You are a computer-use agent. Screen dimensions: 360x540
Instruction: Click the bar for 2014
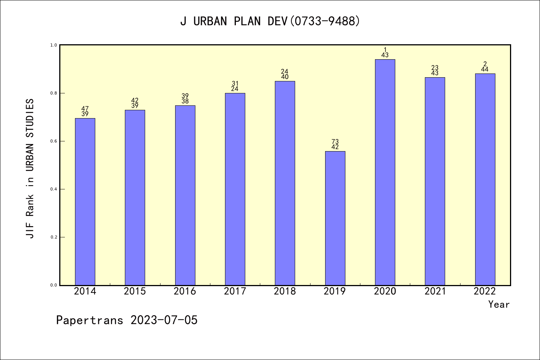coord(85,202)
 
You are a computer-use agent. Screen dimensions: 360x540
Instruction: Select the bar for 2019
coord(335,218)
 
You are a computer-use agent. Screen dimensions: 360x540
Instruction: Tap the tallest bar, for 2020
coord(385,172)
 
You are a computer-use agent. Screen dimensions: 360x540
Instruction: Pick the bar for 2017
coord(235,189)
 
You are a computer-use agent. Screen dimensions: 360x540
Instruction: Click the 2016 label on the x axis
coord(185,291)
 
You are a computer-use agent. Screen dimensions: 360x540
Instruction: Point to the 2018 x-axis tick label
coord(285,291)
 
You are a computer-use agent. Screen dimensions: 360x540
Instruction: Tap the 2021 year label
coord(435,291)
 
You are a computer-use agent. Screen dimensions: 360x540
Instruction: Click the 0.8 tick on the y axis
coord(53,93)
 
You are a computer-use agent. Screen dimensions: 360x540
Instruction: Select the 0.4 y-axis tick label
coord(53,189)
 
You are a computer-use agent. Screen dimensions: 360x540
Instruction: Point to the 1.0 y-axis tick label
coord(53,45)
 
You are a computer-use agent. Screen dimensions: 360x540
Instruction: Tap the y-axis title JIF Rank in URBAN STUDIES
coord(30,168)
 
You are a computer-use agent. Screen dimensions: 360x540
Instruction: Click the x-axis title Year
coord(499,304)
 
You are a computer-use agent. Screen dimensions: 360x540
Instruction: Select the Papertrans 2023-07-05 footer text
coord(127,320)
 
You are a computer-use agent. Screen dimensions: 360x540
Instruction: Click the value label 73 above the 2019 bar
coord(335,142)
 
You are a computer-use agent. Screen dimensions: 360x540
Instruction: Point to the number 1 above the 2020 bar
coord(385,50)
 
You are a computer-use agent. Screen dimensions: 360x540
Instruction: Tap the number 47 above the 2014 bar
coord(85,109)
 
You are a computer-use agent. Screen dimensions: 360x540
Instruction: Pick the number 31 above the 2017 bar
coord(235,84)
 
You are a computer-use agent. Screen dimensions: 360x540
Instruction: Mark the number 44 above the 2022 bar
coord(485,69)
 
